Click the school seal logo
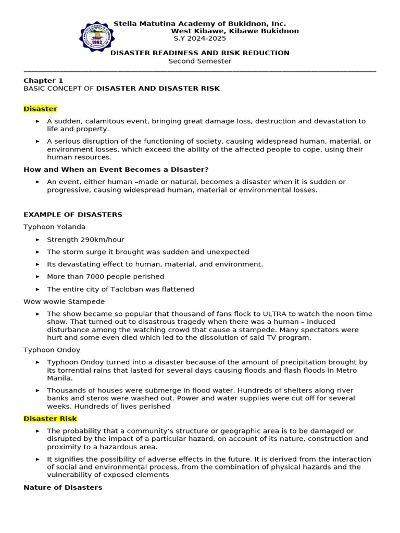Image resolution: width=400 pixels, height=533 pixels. tap(95, 36)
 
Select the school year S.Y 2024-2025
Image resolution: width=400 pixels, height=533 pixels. tap(199, 39)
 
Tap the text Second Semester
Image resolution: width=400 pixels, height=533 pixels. tap(199, 61)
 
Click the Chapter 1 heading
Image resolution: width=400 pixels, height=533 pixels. tap(43, 81)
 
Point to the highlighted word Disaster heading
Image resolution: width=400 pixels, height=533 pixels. tap(40, 109)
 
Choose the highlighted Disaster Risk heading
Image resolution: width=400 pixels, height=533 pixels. tap(50, 418)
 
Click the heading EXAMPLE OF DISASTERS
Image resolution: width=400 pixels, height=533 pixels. tap(73, 214)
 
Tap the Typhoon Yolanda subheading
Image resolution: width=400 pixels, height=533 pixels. tap(54, 227)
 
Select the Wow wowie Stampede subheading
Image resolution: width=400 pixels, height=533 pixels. tap(64, 301)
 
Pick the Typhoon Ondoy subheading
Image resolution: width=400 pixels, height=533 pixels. tap(52, 350)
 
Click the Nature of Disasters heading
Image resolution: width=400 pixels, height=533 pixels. tap(63, 487)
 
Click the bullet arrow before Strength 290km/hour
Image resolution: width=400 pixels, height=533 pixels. tap(37, 239)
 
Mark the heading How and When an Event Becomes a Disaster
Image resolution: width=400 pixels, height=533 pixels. tap(116, 169)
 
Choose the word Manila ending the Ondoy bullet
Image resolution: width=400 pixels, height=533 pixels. tap(59, 378)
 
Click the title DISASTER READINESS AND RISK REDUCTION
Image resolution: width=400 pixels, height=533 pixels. tap(199, 53)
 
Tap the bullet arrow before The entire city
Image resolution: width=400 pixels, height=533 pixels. tap(37, 289)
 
